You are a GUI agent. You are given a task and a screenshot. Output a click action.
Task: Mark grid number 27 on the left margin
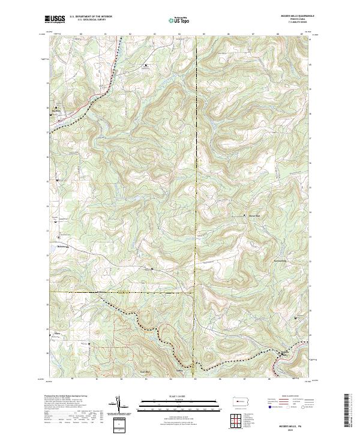point(47,131)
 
